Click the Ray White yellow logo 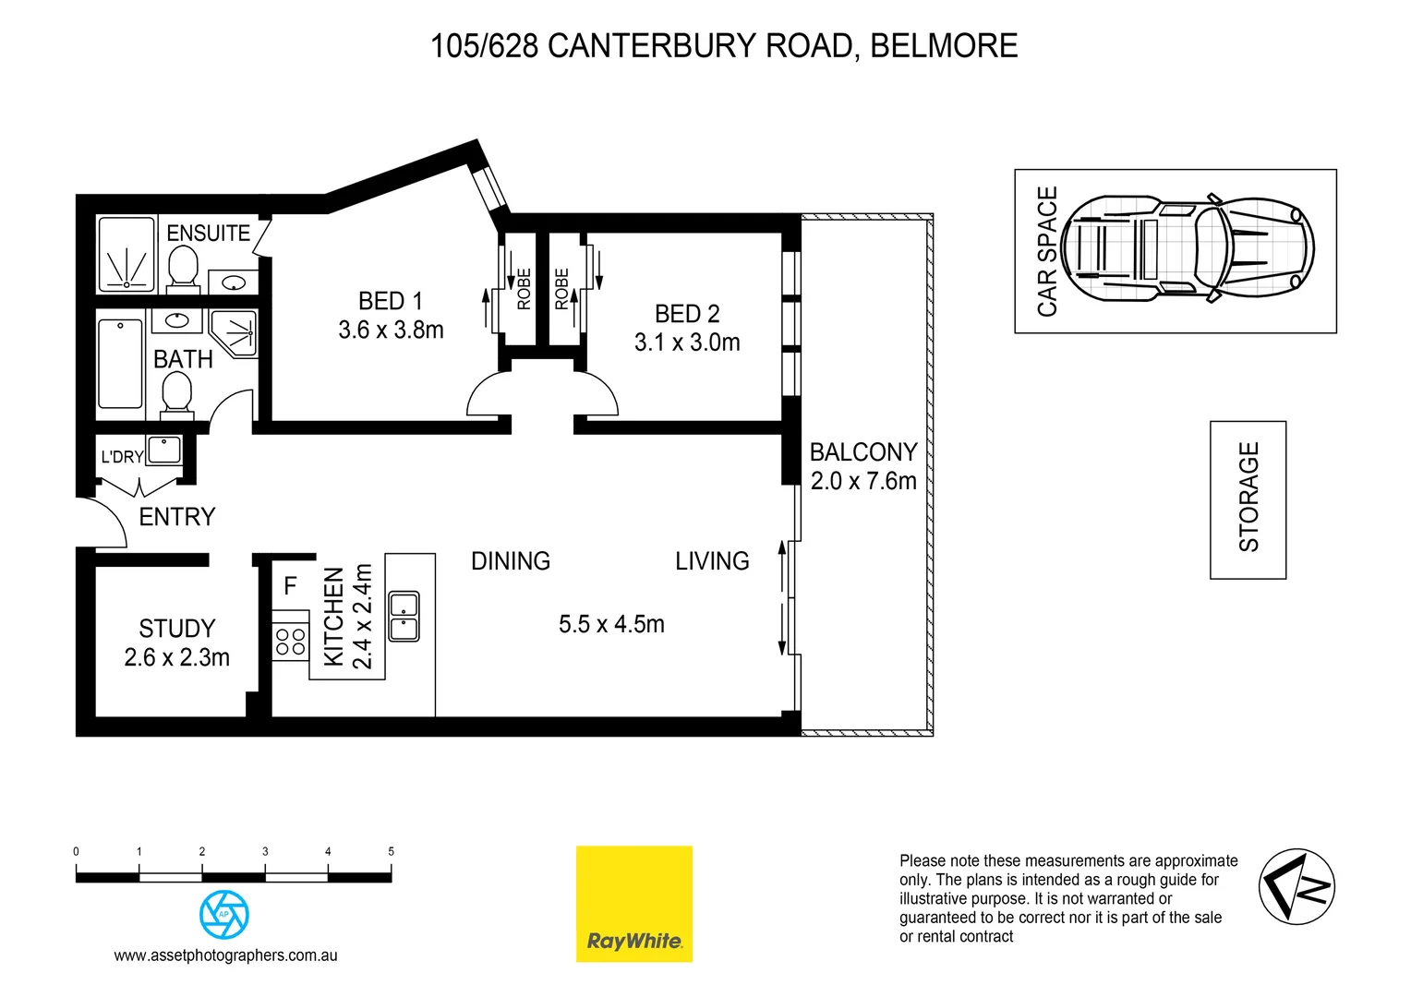coord(633,904)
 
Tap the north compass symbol coord(1296,886)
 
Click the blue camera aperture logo coord(223,914)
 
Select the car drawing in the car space coord(1188,249)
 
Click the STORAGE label coord(1248,498)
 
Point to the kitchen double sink coord(404,617)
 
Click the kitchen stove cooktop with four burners coord(290,642)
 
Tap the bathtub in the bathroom coord(120,363)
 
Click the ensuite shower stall coord(127,255)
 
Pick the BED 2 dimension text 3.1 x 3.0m coord(687,342)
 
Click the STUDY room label coord(176,629)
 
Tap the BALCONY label coord(863,452)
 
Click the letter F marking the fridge coord(290,586)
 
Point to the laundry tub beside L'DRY coord(164,450)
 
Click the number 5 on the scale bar coord(391,851)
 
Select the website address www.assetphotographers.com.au coord(225,955)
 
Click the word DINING coord(510,561)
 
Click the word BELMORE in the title coord(944,45)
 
